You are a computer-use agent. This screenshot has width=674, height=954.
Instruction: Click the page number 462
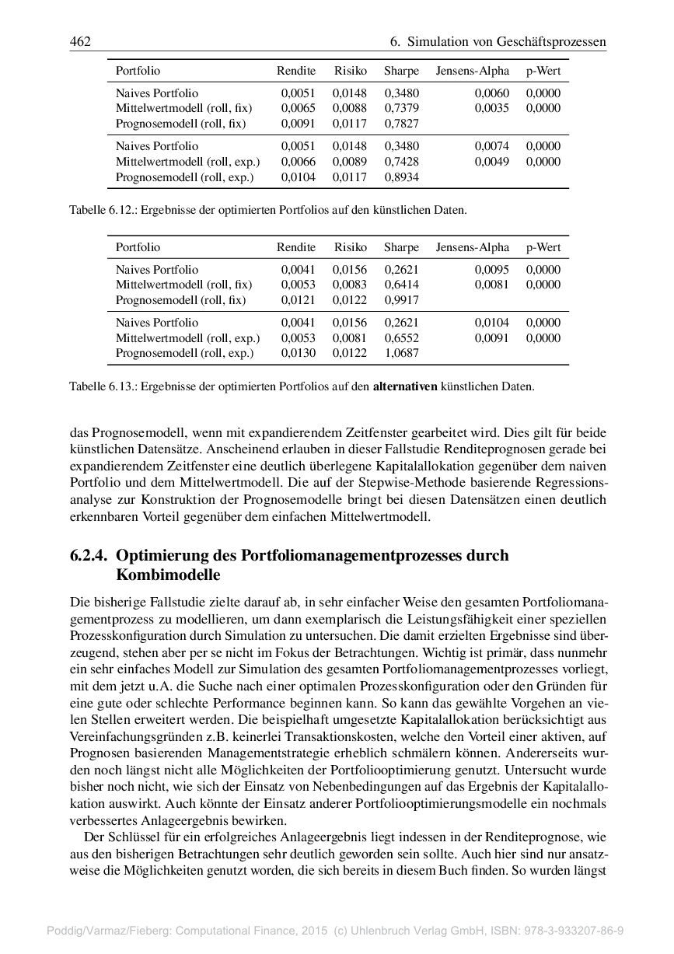click(x=80, y=40)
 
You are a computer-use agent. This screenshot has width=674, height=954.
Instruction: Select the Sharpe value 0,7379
click(x=401, y=108)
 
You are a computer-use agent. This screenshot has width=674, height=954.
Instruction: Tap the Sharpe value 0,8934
click(x=401, y=177)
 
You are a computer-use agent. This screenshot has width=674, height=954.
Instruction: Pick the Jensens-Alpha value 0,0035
click(x=492, y=108)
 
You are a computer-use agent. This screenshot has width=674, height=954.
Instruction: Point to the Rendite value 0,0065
click(x=298, y=108)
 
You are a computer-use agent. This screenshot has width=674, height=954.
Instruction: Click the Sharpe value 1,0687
click(x=401, y=354)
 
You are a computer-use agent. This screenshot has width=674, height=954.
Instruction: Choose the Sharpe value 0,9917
click(x=401, y=300)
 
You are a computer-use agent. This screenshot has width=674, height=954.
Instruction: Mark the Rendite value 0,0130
click(x=298, y=354)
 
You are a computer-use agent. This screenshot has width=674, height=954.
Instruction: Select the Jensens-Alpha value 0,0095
click(x=492, y=270)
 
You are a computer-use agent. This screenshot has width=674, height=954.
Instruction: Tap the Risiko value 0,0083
click(x=350, y=285)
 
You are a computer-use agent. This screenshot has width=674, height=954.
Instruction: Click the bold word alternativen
click(x=405, y=386)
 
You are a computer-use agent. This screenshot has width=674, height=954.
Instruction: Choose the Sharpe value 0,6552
click(x=401, y=338)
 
